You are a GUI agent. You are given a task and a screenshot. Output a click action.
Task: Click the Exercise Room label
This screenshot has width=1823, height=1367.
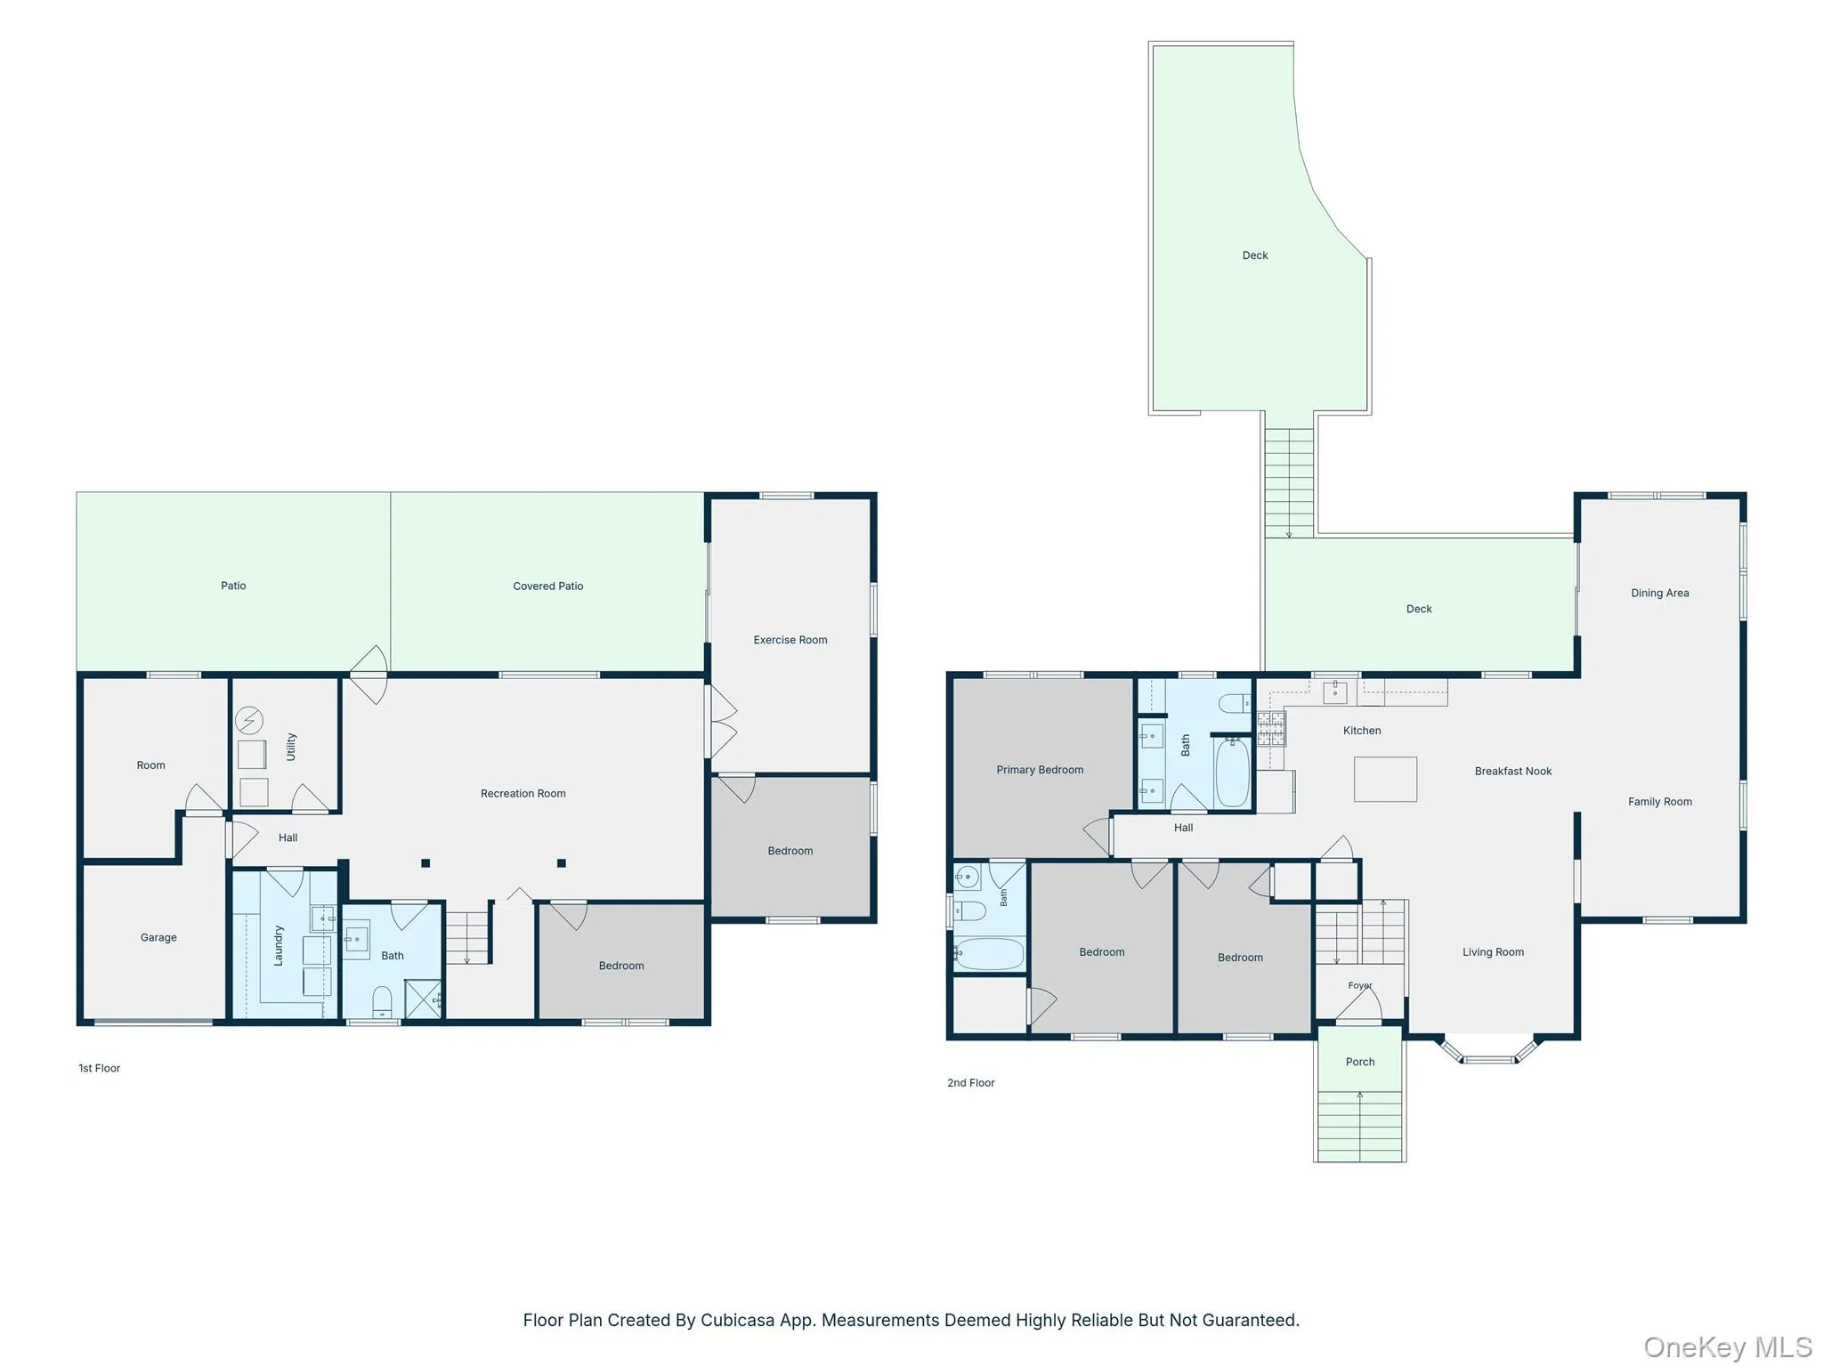790,640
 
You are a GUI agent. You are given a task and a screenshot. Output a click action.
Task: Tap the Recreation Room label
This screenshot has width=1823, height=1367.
523,794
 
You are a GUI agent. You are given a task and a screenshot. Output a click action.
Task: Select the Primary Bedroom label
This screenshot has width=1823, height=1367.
1040,770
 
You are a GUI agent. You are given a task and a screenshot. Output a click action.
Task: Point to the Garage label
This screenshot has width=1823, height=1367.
158,938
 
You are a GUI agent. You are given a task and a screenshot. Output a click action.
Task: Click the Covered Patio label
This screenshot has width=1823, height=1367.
547,586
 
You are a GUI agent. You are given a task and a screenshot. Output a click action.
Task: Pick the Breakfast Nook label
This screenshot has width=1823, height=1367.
1512,772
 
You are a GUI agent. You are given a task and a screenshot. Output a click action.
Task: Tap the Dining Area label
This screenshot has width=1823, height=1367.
1659,594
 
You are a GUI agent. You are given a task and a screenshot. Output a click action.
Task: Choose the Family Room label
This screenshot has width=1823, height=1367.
1659,802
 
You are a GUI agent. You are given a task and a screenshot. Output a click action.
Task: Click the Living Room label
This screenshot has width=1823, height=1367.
1493,952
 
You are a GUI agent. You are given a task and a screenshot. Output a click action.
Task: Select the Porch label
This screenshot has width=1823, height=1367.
1359,1062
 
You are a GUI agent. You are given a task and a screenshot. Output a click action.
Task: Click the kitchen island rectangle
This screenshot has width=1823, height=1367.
1385,780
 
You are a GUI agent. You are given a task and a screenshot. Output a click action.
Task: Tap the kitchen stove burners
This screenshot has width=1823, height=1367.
1270,729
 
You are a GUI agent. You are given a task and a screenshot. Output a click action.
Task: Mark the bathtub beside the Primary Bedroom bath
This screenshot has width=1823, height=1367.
1232,772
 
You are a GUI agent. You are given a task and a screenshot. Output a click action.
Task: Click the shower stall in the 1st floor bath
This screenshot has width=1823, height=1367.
424,999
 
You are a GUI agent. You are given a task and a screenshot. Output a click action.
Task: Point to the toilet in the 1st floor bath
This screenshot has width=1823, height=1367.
382,1002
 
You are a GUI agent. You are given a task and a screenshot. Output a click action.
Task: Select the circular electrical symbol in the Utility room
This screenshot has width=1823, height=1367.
249,720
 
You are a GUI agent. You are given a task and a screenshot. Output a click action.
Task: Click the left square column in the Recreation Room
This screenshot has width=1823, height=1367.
425,863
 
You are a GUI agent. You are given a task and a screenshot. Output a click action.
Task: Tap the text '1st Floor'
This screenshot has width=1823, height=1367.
99,1068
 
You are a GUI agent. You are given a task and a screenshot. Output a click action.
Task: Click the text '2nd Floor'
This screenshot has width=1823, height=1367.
970,1083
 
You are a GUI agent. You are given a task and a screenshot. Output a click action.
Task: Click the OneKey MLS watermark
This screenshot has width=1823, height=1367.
1728,1347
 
